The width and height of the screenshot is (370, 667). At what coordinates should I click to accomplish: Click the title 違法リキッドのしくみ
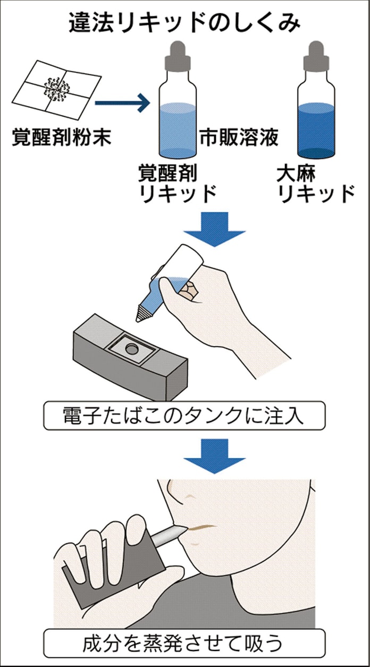pos(185,23)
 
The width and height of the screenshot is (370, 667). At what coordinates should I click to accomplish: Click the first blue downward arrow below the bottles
pos(213,229)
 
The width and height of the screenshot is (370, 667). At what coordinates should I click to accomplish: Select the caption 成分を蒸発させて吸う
pos(185,644)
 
